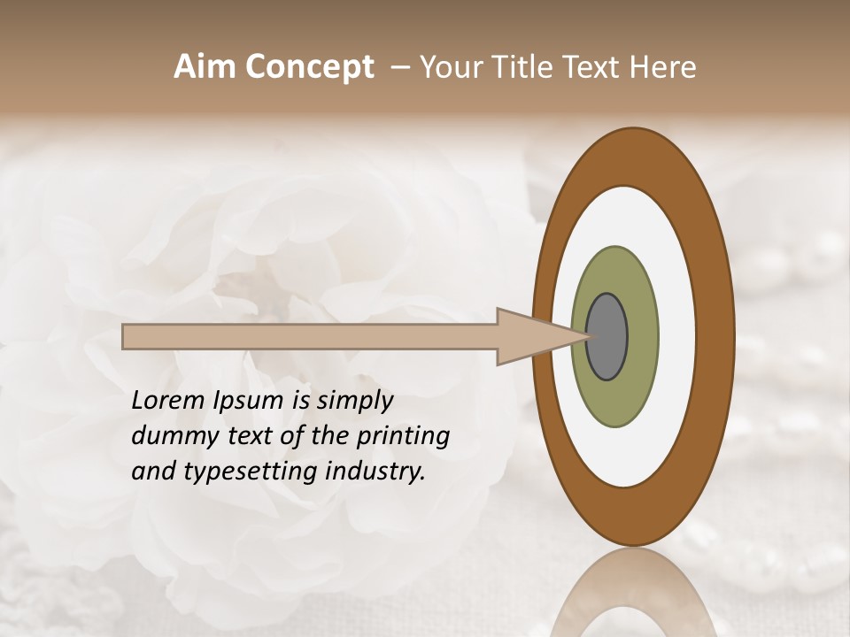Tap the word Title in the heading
tap(514, 67)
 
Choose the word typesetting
tap(244, 472)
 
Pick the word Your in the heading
tap(448, 67)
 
